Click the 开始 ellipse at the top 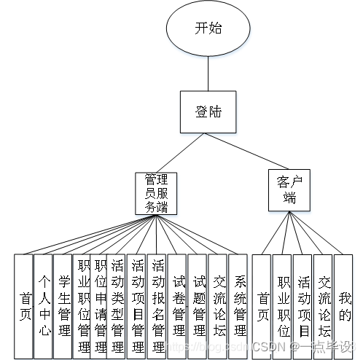(x=208, y=28)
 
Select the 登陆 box (x=208, y=113)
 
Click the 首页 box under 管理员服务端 (x=24, y=306)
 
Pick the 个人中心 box (x=44, y=306)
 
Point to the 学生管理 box (x=63, y=306)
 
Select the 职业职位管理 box (x=83, y=306)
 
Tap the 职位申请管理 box (x=101, y=306)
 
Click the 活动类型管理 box (x=117, y=306)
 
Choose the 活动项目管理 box (x=136, y=306)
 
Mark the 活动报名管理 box (x=157, y=306)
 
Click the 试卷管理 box (x=178, y=306)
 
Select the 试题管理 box (x=198, y=306)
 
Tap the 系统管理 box (x=239, y=306)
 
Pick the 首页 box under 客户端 (x=262, y=306)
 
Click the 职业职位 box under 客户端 (x=284, y=306)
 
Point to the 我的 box (x=344, y=306)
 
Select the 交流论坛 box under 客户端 (x=324, y=306)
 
